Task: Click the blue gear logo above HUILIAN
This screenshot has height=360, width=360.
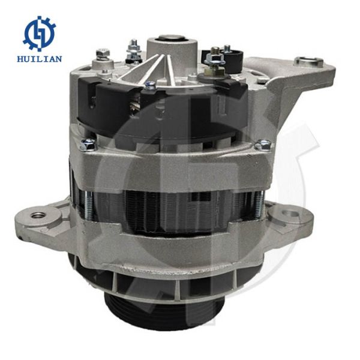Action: click(39, 34)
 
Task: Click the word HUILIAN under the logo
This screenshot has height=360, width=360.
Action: click(40, 59)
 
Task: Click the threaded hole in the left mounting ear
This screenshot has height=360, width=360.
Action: click(37, 216)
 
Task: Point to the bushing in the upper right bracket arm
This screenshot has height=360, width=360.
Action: click(309, 61)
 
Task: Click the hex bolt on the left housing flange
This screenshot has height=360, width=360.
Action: click(88, 145)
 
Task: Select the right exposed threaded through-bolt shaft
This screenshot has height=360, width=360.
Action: click(259, 205)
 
